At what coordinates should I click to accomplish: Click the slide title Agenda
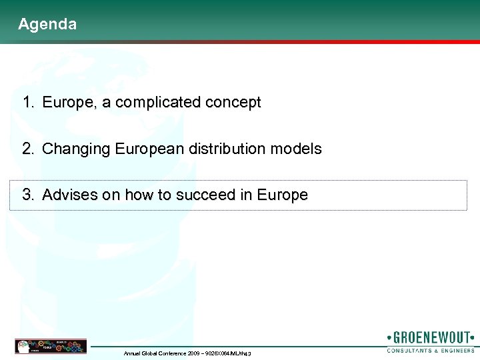tap(47, 25)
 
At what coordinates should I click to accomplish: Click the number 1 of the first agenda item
tap(27, 103)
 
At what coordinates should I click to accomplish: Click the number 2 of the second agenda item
tap(27, 149)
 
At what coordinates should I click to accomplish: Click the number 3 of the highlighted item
tap(27, 195)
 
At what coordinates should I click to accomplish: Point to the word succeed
tap(209, 195)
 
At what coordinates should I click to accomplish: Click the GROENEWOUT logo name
tap(431, 338)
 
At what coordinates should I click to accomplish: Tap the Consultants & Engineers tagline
tap(431, 350)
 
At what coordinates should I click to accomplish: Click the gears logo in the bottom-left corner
tap(51, 346)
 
